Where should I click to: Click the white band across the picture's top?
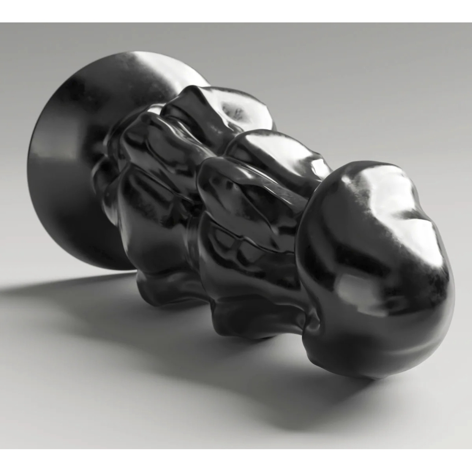236,11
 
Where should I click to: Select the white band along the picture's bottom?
236,460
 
